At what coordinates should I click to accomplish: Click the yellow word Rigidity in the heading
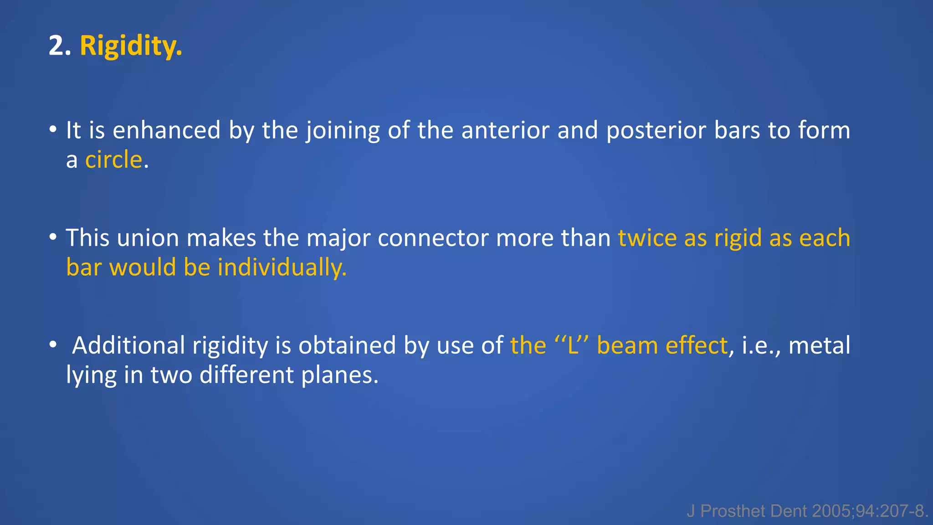pyautogui.click(x=131, y=46)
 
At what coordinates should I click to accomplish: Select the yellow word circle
pyautogui.click(x=114, y=160)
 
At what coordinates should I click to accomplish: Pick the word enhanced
pyautogui.click(x=166, y=130)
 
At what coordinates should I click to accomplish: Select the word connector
pyautogui.click(x=433, y=238)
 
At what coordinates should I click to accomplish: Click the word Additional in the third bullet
pyautogui.click(x=128, y=345)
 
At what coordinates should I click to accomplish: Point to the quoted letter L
pyautogui.click(x=572, y=345)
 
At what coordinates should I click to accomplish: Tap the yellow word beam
pyautogui.click(x=627, y=345)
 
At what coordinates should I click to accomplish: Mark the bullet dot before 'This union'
pyautogui.click(x=53, y=237)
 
